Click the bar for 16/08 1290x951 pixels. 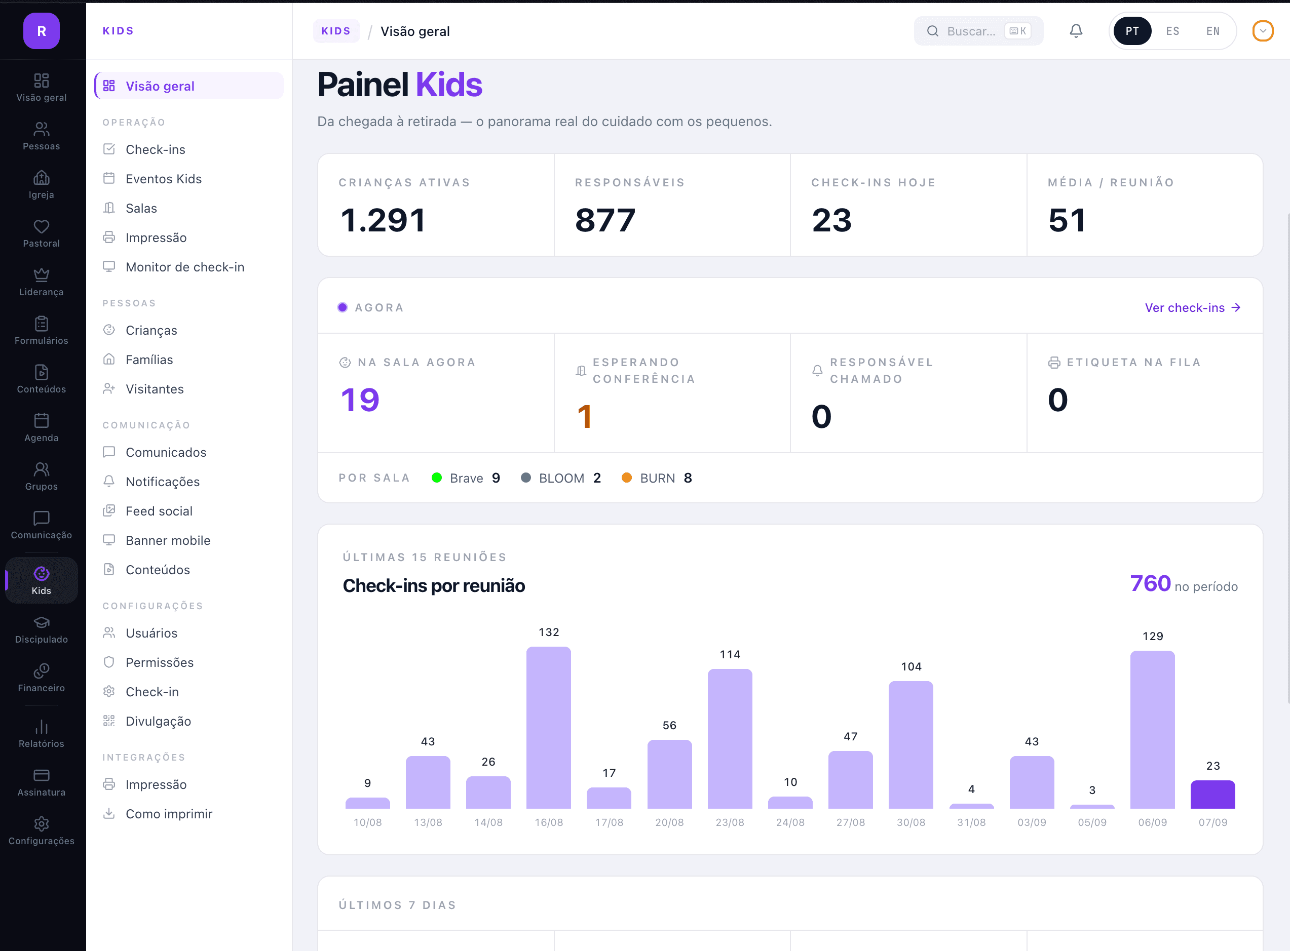[548, 728]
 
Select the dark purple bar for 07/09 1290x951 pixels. [1212, 795]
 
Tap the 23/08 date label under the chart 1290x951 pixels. [730, 822]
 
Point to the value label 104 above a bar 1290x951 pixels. [911, 666]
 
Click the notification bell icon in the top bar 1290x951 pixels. [1076, 31]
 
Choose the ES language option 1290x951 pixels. [1172, 31]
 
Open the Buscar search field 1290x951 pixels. [978, 31]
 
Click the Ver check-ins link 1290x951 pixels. [1192, 307]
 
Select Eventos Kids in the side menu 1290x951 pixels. [164, 179]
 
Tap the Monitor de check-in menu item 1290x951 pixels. [185, 267]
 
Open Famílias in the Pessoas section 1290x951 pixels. [149, 360]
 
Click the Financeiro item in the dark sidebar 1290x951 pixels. [42, 678]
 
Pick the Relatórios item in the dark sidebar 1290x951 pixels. [42, 733]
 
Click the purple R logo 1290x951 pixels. [42, 30]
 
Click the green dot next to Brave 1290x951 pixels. [437, 478]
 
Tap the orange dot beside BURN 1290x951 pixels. [627, 478]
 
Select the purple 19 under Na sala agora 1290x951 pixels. [360, 400]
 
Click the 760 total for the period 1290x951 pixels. [1150, 584]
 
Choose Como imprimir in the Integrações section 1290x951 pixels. [169, 814]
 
